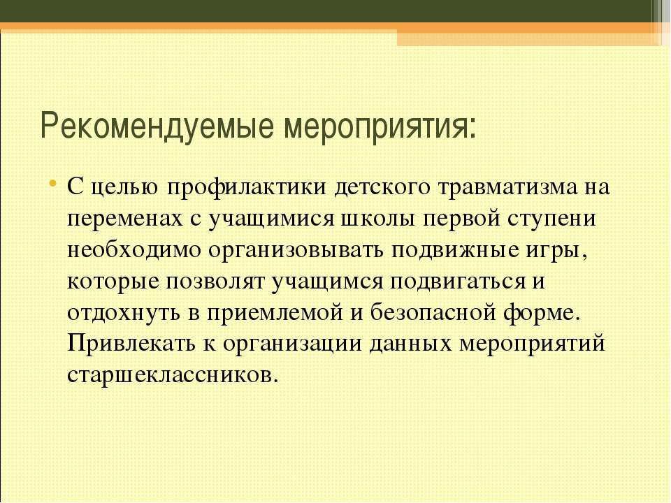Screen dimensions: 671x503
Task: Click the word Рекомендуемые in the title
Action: [x=157, y=126]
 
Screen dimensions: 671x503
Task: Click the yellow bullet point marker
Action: [x=52, y=184]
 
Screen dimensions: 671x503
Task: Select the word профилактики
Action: [x=247, y=187]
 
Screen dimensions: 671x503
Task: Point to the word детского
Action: [x=382, y=188]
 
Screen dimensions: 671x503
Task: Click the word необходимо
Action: [x=134, y=250]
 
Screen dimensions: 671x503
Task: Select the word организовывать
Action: [x=296, y=251]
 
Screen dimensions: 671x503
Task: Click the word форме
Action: [x=541, y=313]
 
